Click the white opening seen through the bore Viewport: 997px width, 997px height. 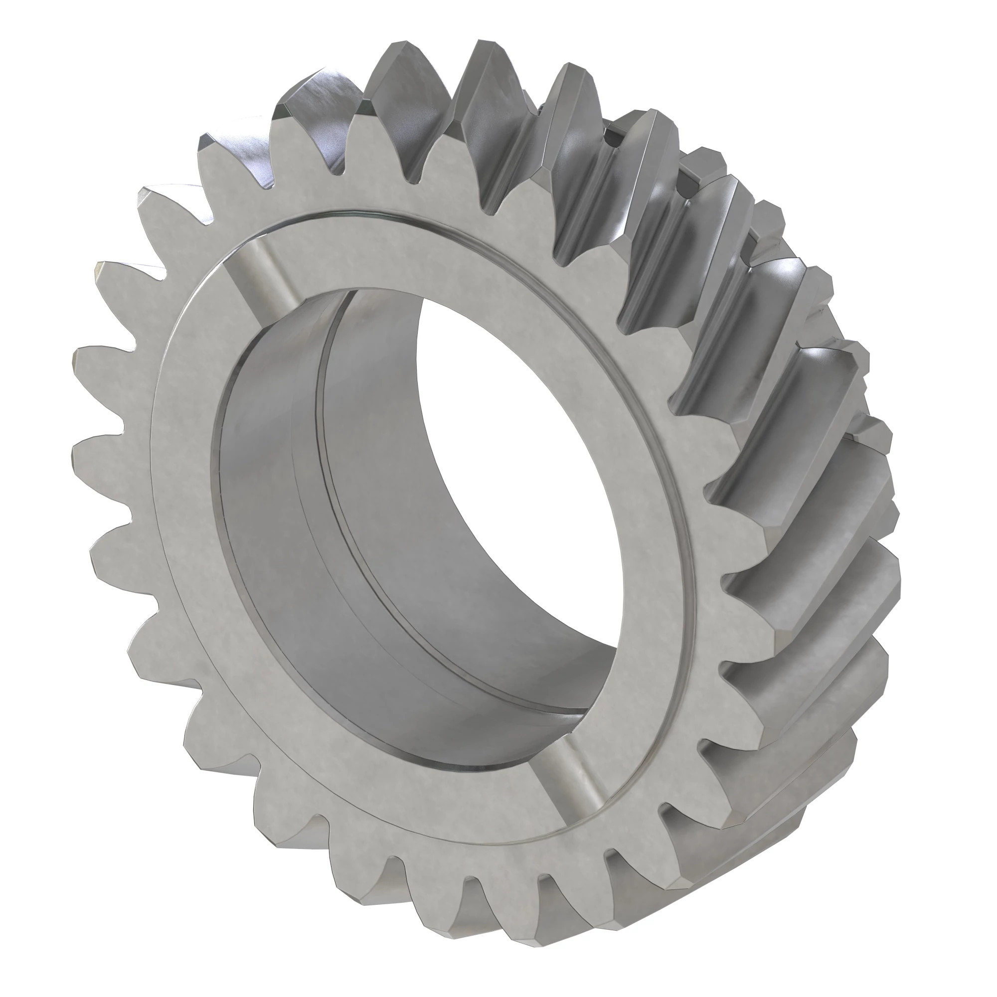516,465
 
